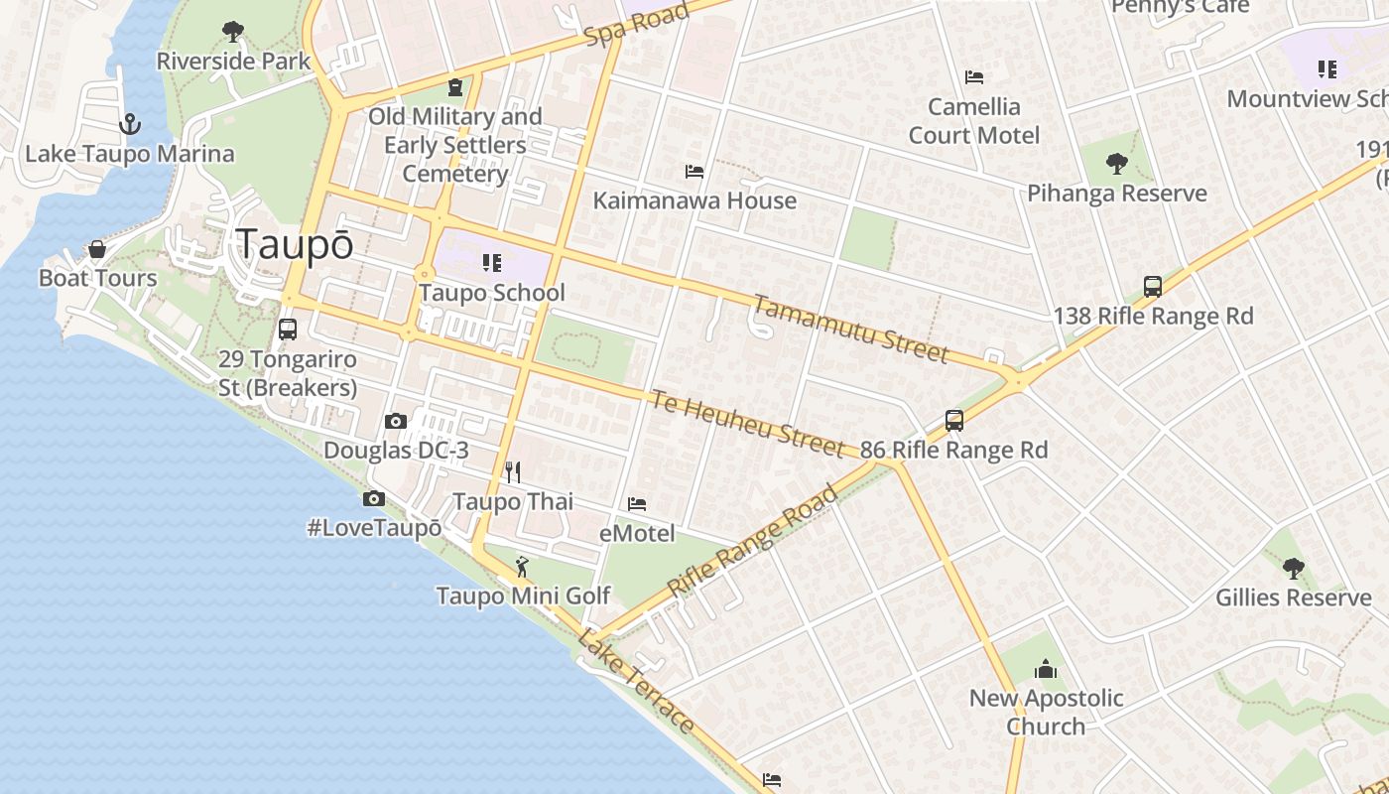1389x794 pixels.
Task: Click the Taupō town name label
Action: click(295, 245)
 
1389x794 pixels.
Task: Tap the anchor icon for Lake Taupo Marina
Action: click(129, 124)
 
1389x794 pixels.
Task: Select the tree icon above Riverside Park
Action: click(233, 32)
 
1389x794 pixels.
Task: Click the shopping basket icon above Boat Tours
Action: click(97, 248)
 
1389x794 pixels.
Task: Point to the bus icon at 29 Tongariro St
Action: click(288, 330)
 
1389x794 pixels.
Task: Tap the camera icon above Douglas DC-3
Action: click(396, 421)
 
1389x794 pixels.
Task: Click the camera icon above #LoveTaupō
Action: click(374, 498)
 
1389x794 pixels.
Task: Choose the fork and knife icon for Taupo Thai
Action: click(513, 471)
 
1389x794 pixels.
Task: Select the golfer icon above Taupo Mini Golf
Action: click(522, 567)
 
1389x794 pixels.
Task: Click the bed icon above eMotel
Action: click(637, 504)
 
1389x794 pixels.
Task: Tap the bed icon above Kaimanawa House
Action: click(694, 172)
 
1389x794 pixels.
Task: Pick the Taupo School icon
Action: click(492, 263)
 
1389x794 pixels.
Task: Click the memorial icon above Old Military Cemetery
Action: click(455, 87)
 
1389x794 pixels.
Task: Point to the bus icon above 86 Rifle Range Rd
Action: click(954, 420)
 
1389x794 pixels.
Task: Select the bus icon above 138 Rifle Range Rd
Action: click(1153, 287)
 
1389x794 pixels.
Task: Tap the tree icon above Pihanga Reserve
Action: click(1117, 164)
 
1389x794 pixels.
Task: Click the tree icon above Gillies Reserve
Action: click(1293, 568)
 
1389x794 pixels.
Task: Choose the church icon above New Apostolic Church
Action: click(1046, 669)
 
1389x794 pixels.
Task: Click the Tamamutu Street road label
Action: click(850, 330)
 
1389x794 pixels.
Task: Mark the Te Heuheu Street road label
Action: click(747, 423)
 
